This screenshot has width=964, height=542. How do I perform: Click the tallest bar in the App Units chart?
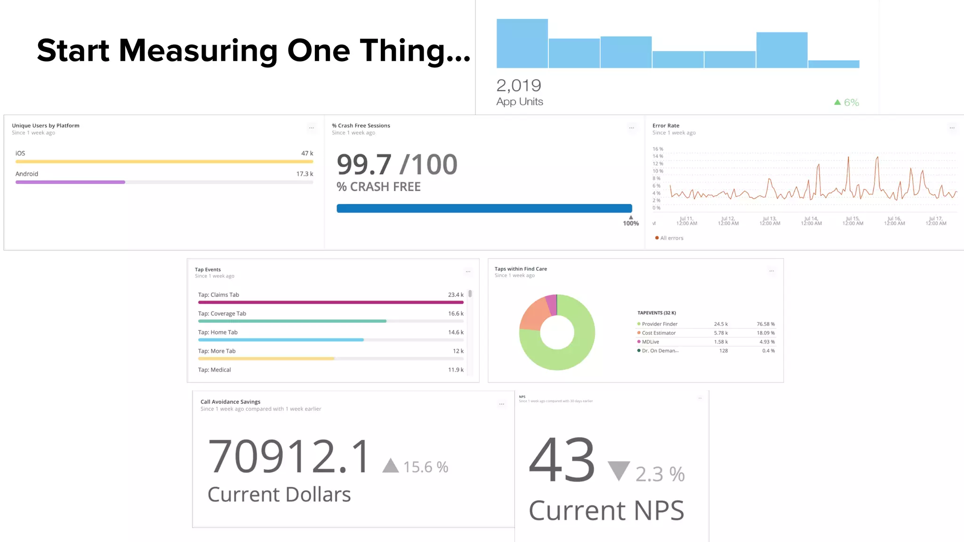(x=522, y=43)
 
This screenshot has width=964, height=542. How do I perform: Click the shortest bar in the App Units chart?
(x=834, y=64)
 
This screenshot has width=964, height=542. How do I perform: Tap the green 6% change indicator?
(x=847, y=102)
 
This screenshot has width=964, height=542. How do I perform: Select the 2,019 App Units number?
(x=519, y=86)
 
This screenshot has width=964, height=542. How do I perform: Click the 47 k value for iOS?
(x=307, y=153)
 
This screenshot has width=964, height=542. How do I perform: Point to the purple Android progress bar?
(x=70, y=182)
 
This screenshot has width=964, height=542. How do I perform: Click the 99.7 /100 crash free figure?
(x=397, y=165)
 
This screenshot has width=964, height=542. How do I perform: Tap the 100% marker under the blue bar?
(x=631, y=223)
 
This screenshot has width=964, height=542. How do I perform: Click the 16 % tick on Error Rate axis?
(x=658, y=149)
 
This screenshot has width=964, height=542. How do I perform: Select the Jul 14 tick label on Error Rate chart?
(x=811, y=221)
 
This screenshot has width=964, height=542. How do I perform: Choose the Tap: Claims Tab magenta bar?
(x=330, y=303)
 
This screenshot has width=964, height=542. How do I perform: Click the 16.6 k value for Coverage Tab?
(x=455, y=314)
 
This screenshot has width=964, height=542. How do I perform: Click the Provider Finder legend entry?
(x=659, y=324)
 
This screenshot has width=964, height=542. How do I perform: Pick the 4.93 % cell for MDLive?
(x=767, y=342)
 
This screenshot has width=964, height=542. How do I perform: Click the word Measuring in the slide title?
(x=198, y=51)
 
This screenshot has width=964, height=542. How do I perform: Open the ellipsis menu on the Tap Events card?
(x=468, y=271)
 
